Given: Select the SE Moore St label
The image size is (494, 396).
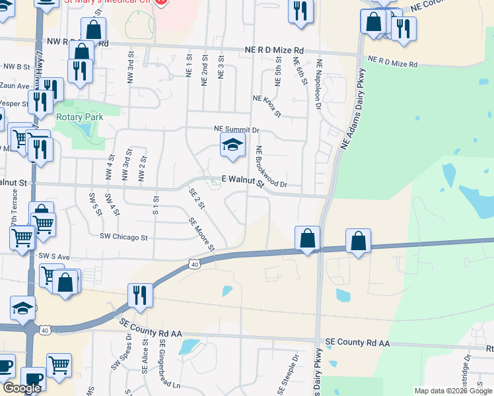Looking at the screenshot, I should [201, 236].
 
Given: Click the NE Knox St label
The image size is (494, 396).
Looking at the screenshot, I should [267, 106].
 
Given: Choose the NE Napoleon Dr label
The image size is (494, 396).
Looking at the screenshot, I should [320, 80].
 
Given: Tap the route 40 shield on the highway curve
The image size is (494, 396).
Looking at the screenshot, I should [194, 264].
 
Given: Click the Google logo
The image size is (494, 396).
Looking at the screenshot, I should [21, 388].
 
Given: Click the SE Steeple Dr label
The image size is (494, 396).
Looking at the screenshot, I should [289, 377].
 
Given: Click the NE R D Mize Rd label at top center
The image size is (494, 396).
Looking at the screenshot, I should [274, 50].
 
